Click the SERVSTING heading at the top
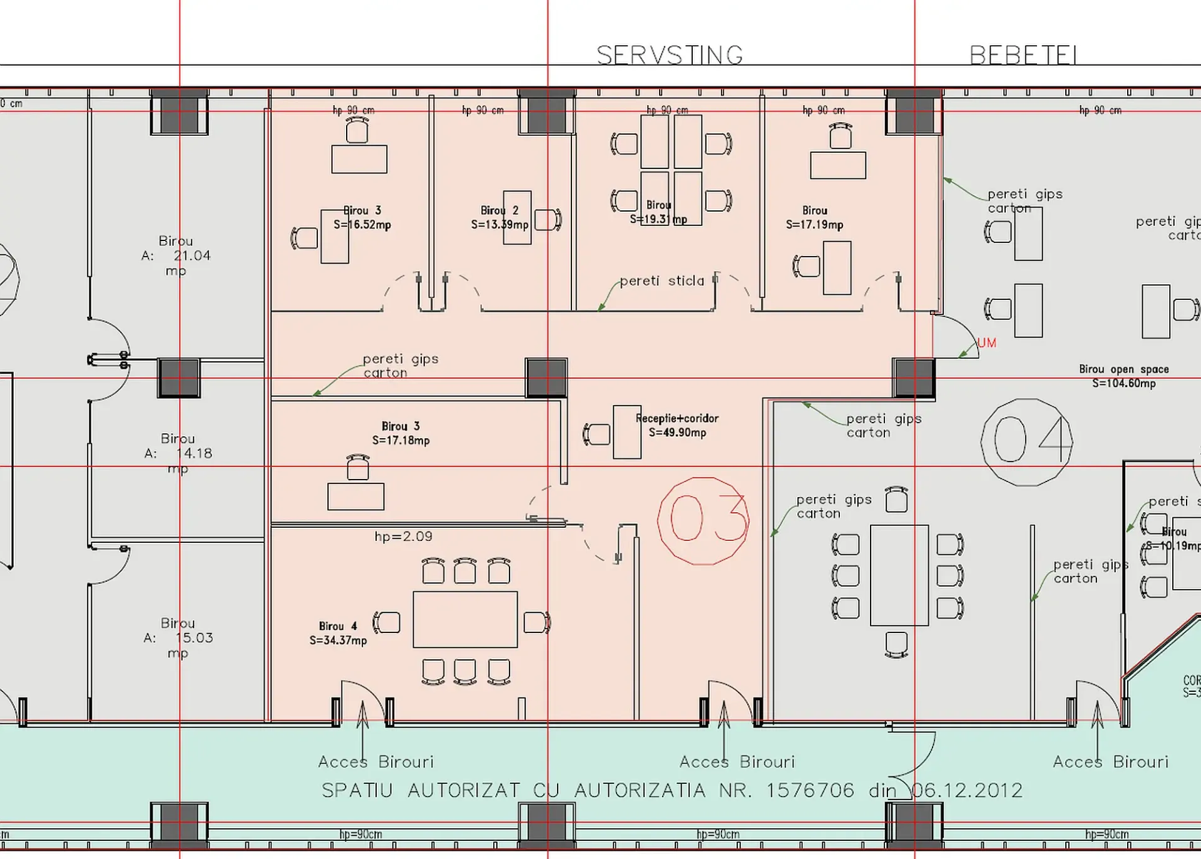[x=670, y=56]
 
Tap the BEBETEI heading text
[x=1023, y=56]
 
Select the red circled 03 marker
[x=703, y=520]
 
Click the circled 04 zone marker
[x=1026, y=441]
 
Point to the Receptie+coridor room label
[x=677, y=418]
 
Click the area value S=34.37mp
[x=338, y=640]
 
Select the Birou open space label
[x=1123, y=369]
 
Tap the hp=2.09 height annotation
[x=403, y=537]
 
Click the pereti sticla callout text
[x=662, y=281]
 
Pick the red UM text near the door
[x=986, y=343]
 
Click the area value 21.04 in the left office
[x=192, y=255]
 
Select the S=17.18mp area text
[x=401, y=441]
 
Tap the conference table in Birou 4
[x=465, y=619]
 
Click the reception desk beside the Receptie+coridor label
[x=626, y=432]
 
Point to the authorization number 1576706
[x=810, y=791]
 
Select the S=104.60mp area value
[x=1123, y=383]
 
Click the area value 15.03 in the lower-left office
[x=194, y=638]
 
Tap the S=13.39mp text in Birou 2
[x=499, y=225]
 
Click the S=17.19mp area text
[x=814, y=225]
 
